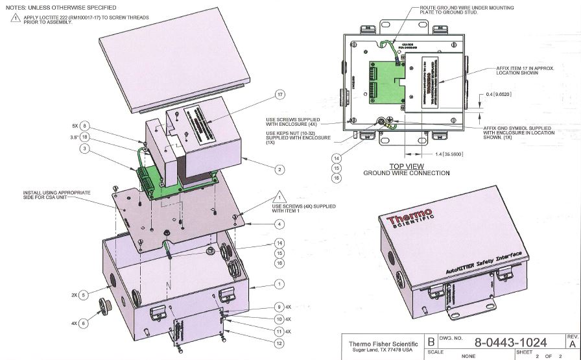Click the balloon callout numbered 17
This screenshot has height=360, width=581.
coord(280,95)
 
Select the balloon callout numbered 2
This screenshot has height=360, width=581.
coord(280,170)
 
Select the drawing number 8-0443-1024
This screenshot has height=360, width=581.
coord(510,342)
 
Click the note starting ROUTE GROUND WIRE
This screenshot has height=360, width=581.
coord(455,9)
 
